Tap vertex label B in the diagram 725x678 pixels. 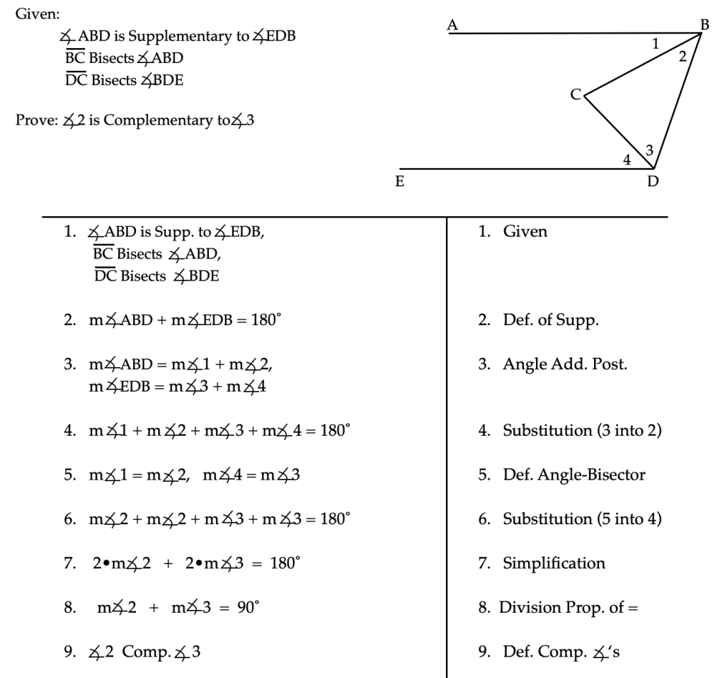pos(704,25)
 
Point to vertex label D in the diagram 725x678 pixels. pos(653,181)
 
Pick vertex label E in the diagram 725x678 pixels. pos(400,181)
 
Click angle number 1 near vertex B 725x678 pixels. pos(656,44)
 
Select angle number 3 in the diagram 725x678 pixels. pos(649,149)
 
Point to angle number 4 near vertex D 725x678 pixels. pos(627,160)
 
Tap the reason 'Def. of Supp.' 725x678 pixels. pos(551,320)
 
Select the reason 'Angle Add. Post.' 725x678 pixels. pos(565,364)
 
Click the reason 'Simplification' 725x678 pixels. pos(554,563)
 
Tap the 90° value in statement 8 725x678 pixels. pos(249,607)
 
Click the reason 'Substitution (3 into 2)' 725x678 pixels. pos(582,430)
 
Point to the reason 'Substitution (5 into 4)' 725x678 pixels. pos(582,519)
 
